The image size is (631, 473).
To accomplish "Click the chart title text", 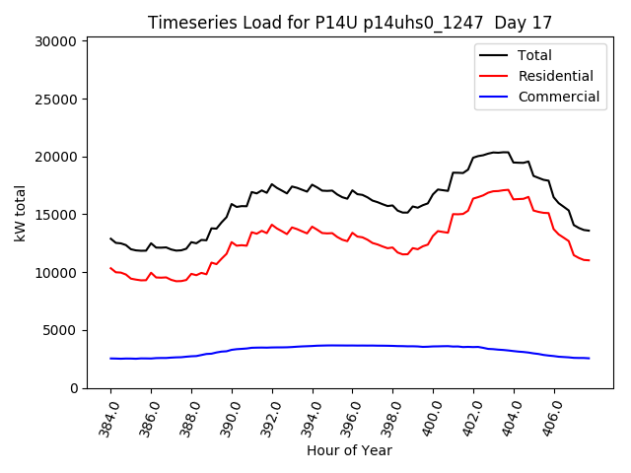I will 350,23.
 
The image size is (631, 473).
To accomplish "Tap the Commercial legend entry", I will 558,97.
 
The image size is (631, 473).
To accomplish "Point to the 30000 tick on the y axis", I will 55,41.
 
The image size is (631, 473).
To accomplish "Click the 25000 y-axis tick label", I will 55,100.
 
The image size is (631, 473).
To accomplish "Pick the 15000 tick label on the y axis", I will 55,215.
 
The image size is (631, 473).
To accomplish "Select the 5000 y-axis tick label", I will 59,330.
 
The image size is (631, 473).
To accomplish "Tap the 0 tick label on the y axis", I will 73,388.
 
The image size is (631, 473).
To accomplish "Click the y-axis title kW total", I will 20,213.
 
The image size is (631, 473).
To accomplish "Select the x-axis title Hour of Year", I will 350,450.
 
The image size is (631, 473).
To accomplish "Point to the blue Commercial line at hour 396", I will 353,345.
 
